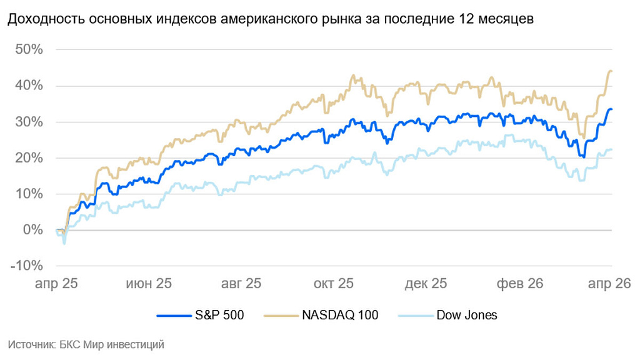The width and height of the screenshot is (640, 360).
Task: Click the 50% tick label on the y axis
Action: pyautogui.click(x=30, y=49)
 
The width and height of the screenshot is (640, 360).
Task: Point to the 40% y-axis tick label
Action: pyautogui.click(x=30, y=85)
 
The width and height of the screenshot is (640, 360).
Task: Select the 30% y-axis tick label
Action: pyautogui.click(x=30, y=121)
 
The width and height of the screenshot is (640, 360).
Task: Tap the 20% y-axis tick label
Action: pyautogui.click(x=30, y=157)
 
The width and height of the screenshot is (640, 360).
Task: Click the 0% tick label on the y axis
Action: pyautogui.click(x=33, y=229)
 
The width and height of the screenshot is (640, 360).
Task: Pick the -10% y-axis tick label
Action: pyautogui.click(x=27, y=266)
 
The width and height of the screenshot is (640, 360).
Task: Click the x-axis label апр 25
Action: pyautogui.click(x=56, y=284)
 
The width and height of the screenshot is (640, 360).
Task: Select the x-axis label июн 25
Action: pyautogui.click(x=149, y=284)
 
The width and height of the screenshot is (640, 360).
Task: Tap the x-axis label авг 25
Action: pyautogui.click(x=241, y=284)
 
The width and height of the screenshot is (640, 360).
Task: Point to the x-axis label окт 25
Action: pyautogui.click(x=333, y=284)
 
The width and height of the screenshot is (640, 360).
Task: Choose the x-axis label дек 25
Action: pyautogui.click(x=426, y=284)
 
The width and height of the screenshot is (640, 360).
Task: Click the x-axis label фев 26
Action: pyautogui.click(x=519, y=284)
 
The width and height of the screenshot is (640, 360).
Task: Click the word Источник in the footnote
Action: pyautogui.click(x=29, y=344)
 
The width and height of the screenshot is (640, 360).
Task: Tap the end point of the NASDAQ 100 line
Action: pyautogui.click(x=611, y=71)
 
